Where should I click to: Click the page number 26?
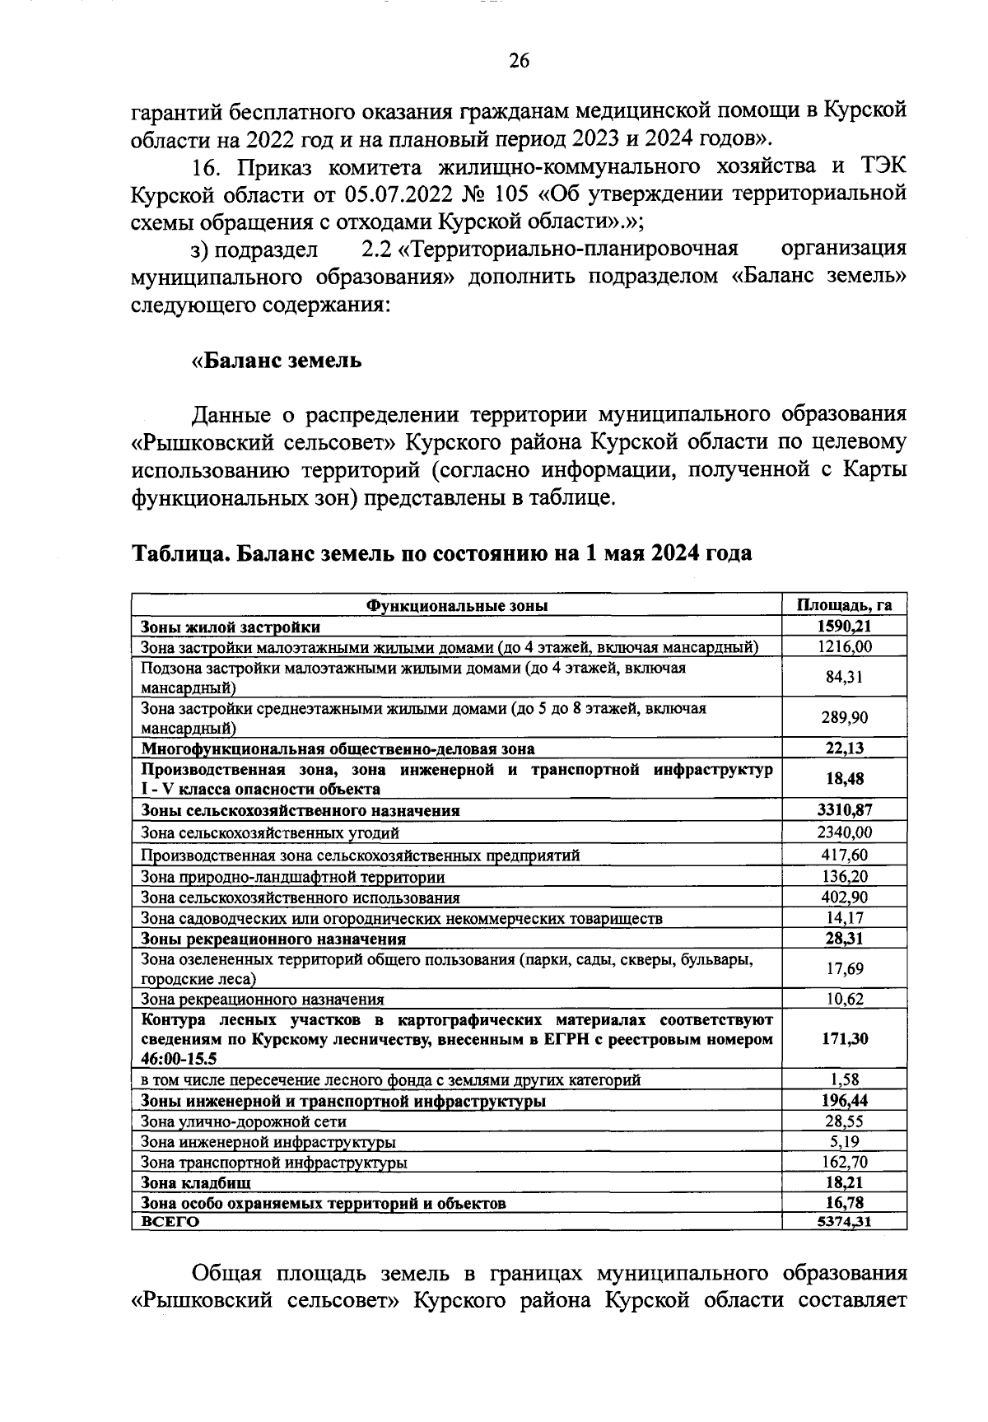coord(519,60)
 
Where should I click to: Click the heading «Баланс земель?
coord(277,361)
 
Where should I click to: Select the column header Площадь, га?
coord(844,605)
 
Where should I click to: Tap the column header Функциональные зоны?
coord(457,605)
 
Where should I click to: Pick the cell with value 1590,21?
coord(844,627)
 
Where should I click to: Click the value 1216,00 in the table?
coord(844,647)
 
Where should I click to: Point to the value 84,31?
coord(844,678)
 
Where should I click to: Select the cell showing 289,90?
coord(844,718)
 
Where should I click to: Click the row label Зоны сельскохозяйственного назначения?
coord(301,810)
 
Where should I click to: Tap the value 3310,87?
coord(844,810)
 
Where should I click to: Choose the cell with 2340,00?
coord(844,832)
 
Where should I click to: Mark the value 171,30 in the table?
coord(844,1039)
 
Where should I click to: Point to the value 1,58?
coord(844,1079)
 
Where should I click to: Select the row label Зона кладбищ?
coord(196,1182)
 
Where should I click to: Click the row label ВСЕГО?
coord(170,1222)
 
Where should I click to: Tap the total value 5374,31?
coord(844,1222)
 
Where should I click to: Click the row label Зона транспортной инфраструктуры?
coord(274,1163)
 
